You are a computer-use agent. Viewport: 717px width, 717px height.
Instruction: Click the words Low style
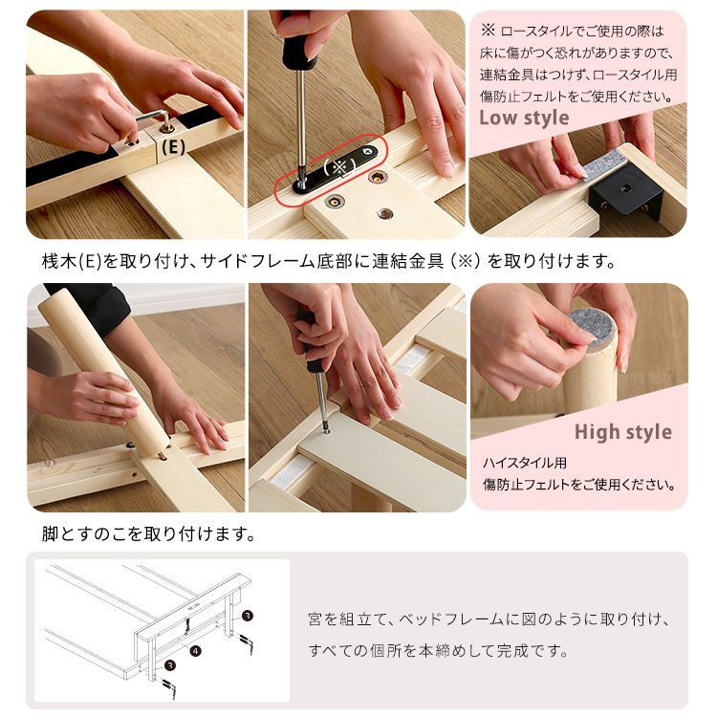pyautogui.click(x=523, y=119)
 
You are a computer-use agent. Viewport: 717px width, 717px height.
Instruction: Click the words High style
pyautogui.click(x=622, y=432)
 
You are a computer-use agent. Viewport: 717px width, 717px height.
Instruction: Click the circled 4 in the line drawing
pyautogui.click(x=195, y=652)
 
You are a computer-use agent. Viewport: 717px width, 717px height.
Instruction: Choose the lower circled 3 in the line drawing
pyautogui.click(x=170, y=664)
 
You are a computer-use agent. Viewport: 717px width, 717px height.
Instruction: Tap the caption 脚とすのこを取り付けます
pyautogui.click(x=148, y=533)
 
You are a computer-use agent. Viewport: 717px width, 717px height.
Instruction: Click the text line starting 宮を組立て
pyautogui.click(x=489, y=619)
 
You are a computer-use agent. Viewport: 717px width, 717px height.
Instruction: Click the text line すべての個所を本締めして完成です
pyautogui.click(x=439, y=652)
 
